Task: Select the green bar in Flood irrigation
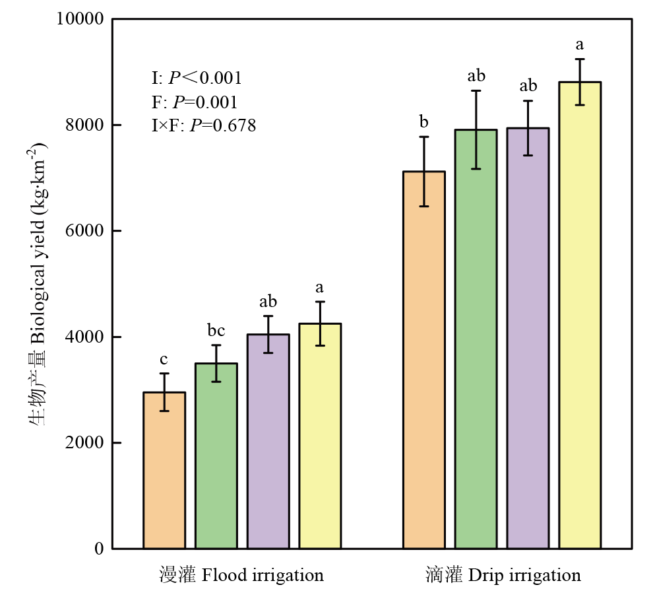tap(216, 456)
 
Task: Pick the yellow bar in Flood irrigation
tap(320, 436)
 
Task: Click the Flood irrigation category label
tap(241, 576)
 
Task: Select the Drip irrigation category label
tap(503, 576)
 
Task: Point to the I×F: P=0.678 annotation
tap(204, 125)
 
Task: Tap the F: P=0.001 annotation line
tap(195, 102)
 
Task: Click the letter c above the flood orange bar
tap(164, 360)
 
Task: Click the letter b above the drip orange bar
tap(424, 122)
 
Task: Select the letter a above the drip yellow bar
tap(580, 45)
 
